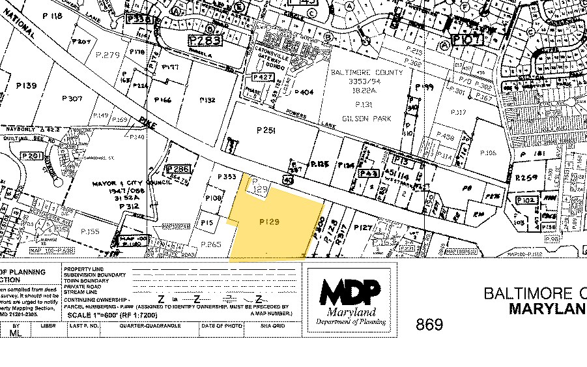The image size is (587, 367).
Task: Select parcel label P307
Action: tap(72, 98)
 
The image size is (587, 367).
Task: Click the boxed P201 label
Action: tap(31, 156)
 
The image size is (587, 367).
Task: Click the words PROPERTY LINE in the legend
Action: tap(84, 269)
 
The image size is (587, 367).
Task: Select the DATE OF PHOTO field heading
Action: tap(216, 325)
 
